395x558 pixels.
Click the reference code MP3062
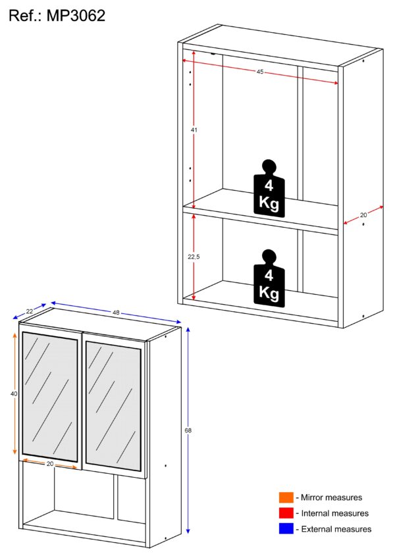pos(76,16)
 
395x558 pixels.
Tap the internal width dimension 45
pos(260,72)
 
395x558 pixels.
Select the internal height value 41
pos(194,130)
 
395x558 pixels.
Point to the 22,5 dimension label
pos(194,257)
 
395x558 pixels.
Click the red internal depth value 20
pos(363,215)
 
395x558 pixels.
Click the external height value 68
pos(188,430)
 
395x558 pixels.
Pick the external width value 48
pos(116,313)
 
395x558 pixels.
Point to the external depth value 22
pos(29,311)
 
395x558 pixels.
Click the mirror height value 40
pos(14,394)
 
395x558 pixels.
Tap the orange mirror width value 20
pos(50,464)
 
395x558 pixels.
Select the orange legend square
pos(286,497)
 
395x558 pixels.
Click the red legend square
pos(286,513)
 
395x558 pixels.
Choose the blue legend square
pos(286,528)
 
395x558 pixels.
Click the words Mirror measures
pos(331,497)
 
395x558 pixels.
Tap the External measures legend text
pos(336,529)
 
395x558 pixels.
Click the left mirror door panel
pos(50,397)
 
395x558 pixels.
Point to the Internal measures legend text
pos(335,513)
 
